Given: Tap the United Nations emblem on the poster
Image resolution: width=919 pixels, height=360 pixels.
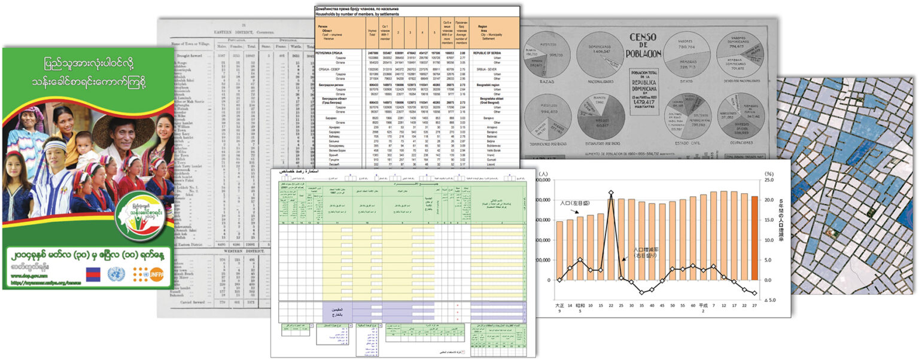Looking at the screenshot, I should click(x=116, y=274).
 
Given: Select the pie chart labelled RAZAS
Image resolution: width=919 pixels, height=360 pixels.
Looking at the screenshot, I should click(x=547, y=54).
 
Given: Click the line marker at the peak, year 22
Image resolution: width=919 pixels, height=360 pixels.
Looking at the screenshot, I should click(x=611, y=193).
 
